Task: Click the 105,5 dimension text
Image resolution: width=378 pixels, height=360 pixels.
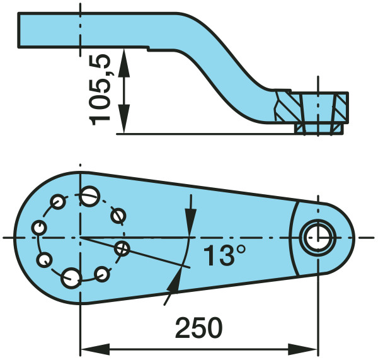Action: tap(100, 90)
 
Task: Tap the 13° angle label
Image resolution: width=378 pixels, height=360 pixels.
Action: tap(224, 255)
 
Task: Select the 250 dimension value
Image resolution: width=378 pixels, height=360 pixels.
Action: tap(198, 328)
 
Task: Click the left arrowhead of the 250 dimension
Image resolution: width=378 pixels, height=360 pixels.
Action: tap(95, 349)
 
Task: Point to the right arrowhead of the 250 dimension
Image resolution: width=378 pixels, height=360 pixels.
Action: tap(302, 349)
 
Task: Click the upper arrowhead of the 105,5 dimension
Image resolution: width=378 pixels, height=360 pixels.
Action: tap(124, 63)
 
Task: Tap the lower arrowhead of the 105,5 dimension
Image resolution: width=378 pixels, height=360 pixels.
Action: tap(124, 119)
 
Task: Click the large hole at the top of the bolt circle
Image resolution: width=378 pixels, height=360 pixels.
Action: tap(89, 196)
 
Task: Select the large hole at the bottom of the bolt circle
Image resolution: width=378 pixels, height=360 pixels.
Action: tap(71, 278)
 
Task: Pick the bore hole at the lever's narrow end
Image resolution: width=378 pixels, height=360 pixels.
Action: tap(318, 238)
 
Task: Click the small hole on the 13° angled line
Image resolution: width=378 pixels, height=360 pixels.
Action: tap(122, 248)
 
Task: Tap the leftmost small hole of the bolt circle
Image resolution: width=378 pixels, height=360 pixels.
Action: tap(39, 228)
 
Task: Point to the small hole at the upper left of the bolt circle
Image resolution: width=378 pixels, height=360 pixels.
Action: tap(58, 202)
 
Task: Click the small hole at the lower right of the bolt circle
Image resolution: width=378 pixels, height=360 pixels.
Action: tap(102, 274)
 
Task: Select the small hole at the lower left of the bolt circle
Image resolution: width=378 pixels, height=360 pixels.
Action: tap(44, 260)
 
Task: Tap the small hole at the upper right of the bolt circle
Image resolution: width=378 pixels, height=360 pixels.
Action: tap(118, 215)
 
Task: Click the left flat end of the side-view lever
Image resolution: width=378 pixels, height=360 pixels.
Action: tap(19, 30)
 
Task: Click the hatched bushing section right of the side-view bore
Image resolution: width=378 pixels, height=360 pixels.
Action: tap(340, 108)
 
